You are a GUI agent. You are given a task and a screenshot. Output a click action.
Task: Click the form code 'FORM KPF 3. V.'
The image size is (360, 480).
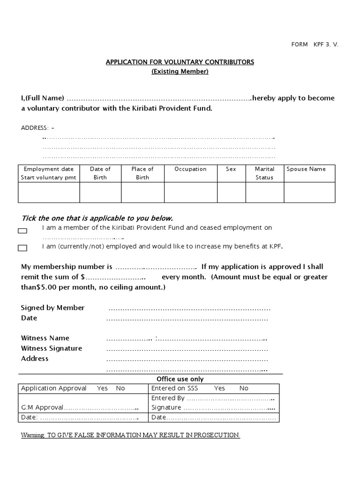point(315,45)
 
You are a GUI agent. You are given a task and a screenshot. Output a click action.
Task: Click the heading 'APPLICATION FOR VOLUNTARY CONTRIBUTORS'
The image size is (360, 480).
point(180,62)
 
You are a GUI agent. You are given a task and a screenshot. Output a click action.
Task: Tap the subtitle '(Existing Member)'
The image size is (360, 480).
point(180,72)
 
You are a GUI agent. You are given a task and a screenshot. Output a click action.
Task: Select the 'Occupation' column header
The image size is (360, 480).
point(190,169)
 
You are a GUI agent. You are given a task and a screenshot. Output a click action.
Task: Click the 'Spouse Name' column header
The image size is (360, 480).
point(306,169)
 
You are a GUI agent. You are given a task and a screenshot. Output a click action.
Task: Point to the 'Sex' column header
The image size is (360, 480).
point(231,169)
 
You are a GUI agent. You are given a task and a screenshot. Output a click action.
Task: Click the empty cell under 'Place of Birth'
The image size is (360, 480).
point(142,192)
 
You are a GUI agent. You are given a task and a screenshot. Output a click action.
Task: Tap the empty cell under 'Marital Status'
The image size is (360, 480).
point(264,192)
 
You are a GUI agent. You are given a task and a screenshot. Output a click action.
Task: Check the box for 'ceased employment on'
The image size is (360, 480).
point(22,231)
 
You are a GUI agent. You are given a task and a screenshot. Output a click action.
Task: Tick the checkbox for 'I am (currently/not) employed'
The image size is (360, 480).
point(22,248)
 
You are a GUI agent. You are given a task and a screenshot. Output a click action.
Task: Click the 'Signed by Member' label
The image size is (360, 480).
point(53,308)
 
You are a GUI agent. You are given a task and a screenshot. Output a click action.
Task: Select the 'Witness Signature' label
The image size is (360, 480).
point(52,348)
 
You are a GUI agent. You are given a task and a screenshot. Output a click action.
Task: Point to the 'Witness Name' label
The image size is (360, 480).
point(45,338)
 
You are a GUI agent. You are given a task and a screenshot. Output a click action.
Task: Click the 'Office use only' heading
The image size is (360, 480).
point(180,379)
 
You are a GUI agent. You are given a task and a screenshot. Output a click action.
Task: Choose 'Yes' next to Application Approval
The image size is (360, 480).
point(102,388)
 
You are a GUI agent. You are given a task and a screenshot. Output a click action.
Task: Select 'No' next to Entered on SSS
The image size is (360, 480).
point(244,388)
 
